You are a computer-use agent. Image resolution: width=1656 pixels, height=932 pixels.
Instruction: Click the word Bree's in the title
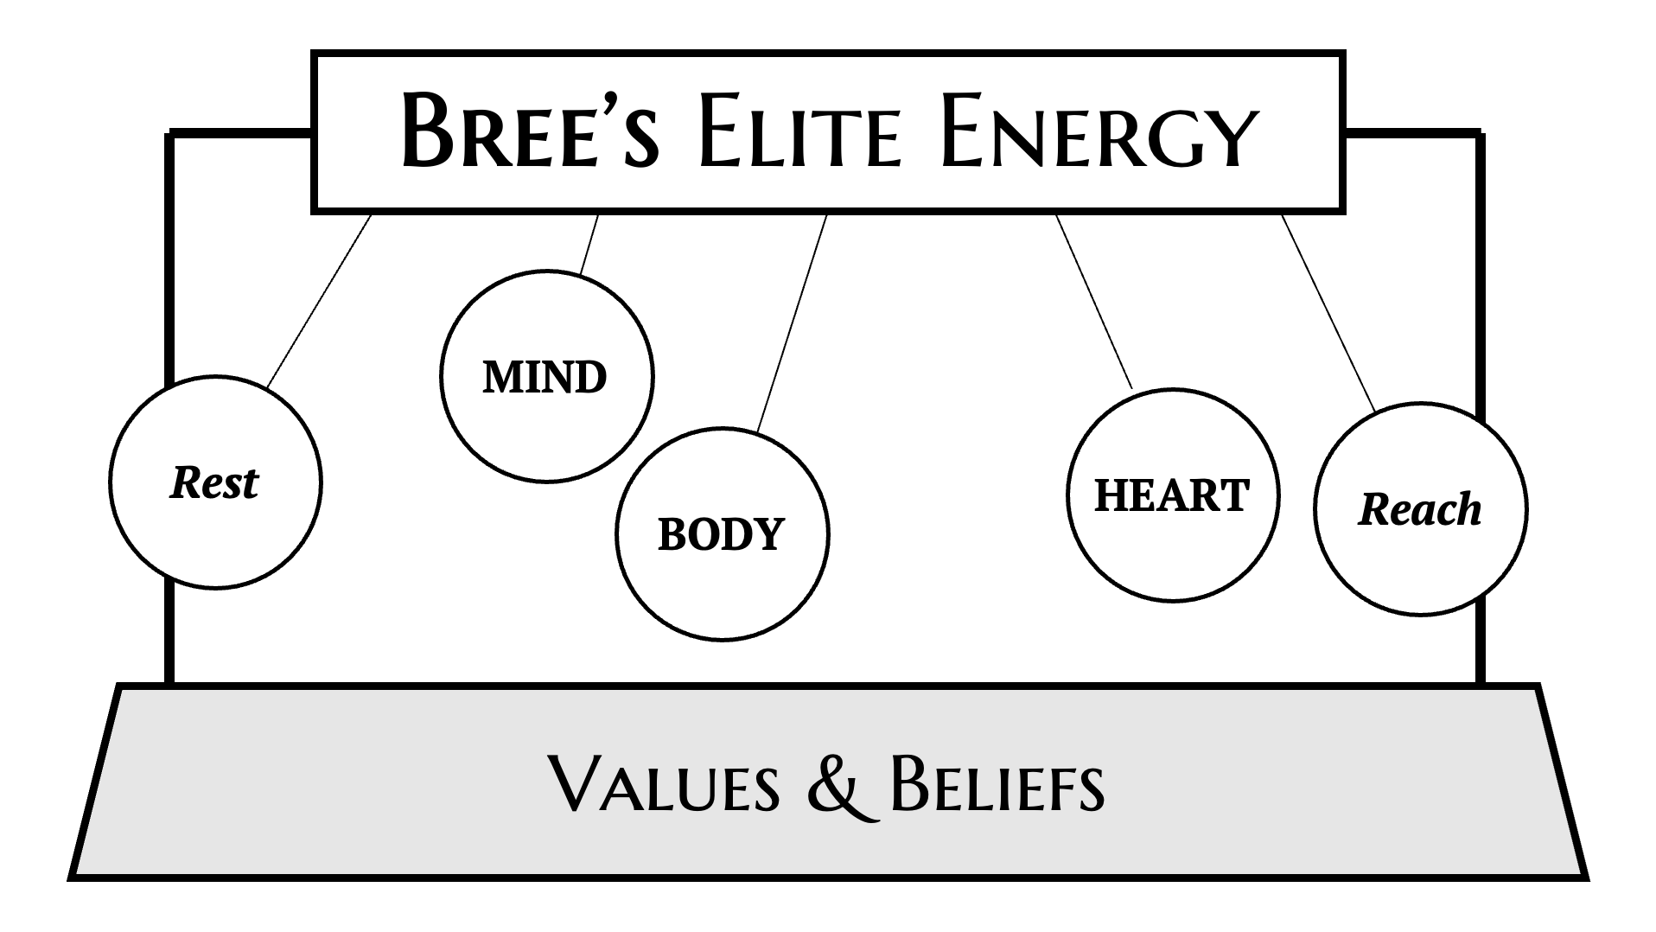click(529, 131)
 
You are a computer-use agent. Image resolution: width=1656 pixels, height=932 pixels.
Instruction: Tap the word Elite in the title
click(799, 131)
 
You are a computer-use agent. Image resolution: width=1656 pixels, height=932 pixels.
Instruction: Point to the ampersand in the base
click(835, 785)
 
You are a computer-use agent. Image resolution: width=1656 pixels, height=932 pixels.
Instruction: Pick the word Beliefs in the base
click(996, 784)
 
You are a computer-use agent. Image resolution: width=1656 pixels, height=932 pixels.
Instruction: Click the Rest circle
click(215, 482)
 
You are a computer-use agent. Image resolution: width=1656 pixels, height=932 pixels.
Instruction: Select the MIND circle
click(545, 376)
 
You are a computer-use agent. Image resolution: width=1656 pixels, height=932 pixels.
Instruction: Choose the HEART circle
click(1172, 495)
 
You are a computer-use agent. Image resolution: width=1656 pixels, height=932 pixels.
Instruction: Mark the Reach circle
click(1419, 508)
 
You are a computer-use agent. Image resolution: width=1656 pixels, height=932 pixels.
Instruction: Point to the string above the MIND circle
click(589, 244)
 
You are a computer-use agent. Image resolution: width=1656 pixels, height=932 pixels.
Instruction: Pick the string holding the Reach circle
click(1328, 311)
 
